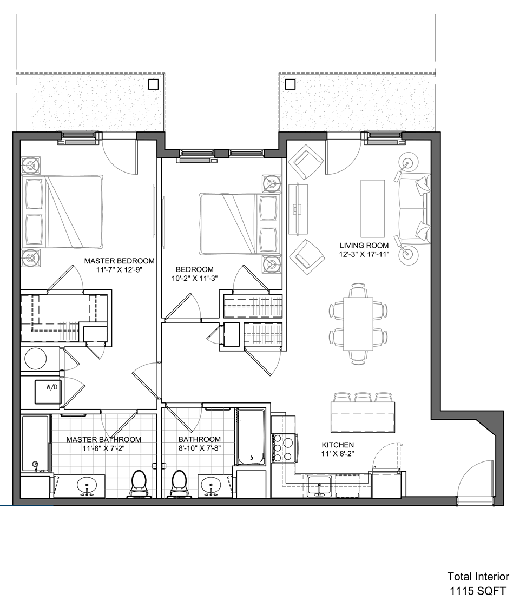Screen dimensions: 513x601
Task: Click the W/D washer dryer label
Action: coord(52,387)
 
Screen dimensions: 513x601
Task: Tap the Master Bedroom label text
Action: coord(119,261)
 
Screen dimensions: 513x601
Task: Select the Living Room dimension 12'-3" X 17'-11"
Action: coord(364,254)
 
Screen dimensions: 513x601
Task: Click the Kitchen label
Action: coord(338,445)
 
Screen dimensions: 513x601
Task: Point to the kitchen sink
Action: coord(319,485)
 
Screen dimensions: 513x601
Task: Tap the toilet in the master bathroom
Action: coord(139,483)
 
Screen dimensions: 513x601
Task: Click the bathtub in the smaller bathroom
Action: coord(249,437)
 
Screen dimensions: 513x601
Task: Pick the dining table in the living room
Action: coord(358,323)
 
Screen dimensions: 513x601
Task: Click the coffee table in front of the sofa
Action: coord(372,209)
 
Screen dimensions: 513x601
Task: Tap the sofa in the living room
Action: coord(414,208)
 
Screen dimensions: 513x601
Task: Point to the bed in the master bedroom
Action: coord(62,212)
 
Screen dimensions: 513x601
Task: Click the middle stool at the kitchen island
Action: coord(363,397)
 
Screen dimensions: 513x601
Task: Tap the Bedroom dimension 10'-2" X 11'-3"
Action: coord(195,278)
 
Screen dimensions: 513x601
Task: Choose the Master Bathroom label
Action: coord(103,439)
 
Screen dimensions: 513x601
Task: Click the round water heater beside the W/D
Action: coord(36,359)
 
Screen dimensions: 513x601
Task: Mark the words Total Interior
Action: coord(478,576)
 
